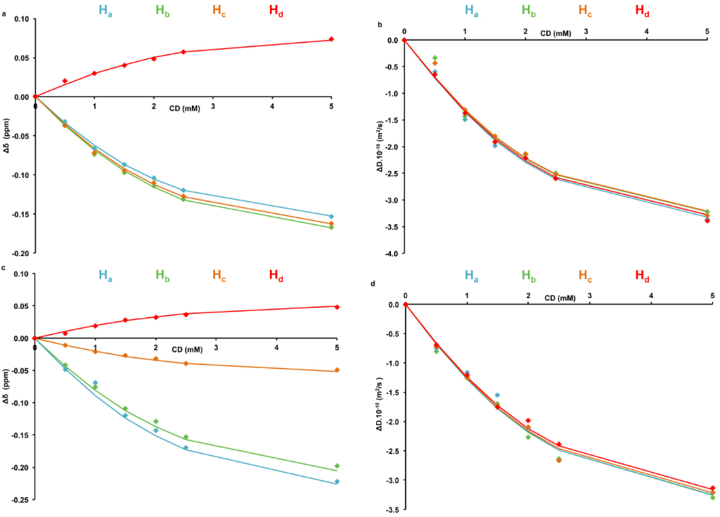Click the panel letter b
tap(380, 26)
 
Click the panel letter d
tap(381, 283)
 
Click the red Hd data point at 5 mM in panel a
tap(331, 39)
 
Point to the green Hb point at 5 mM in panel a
tap(331, 227)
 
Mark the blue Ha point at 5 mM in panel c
tap(337, 482)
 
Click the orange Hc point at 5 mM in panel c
tap(337, 370)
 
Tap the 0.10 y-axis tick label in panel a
tap(19, 19)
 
